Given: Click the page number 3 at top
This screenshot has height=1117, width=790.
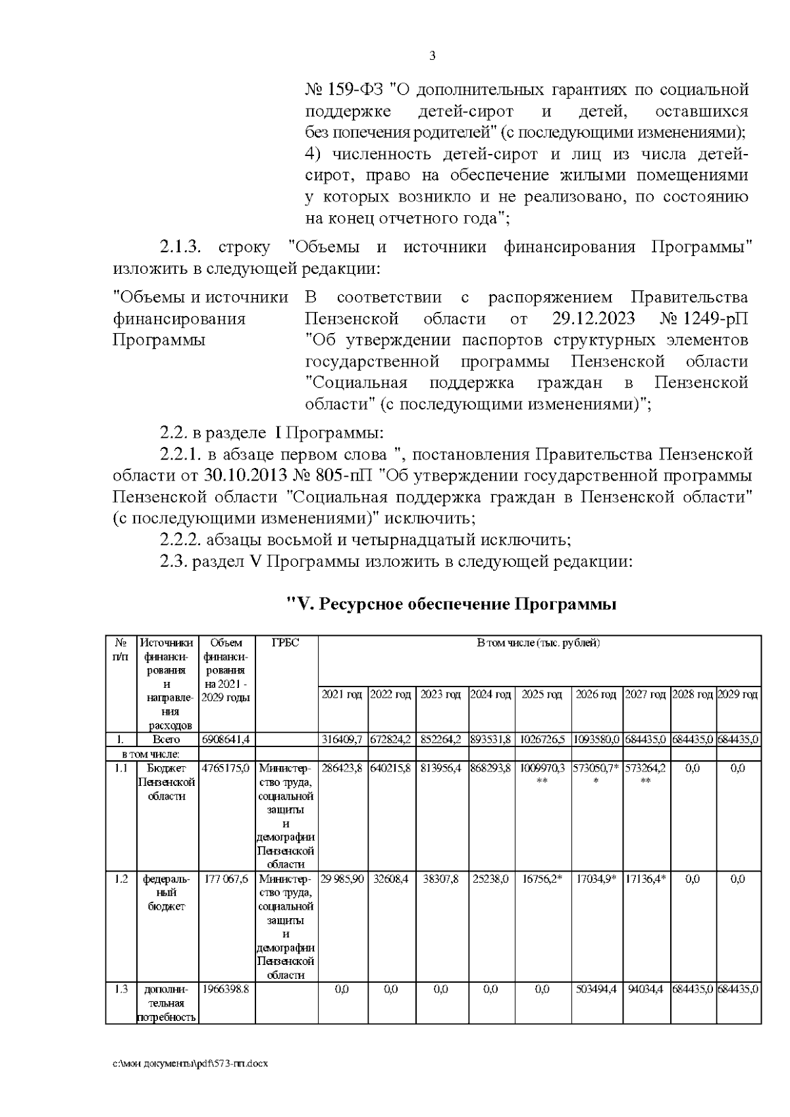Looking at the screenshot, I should pyautogui.click(x=432, y=56).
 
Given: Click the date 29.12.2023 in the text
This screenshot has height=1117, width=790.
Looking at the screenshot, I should pyautogui.click(x=593, y=319).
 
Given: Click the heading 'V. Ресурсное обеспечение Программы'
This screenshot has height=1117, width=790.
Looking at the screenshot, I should pyautogui.click(x=452, y=604).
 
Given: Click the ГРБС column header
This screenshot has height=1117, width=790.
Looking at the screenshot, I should pyautogui.click(x=286, y=642).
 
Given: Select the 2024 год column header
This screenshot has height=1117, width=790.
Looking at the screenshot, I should pyautogui.click(x=491, y=694).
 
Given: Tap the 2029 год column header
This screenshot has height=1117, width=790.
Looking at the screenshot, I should pyautogui.click(x=738, y=694).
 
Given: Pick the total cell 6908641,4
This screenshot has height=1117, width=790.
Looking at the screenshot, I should pyautogui.click(x=225, y=739).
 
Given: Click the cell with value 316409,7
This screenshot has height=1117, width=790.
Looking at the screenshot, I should pyautogui.click(x=342, y=739).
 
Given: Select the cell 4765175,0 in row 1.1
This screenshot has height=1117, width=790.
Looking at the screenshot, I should pyautogui.click(x=225, y=768).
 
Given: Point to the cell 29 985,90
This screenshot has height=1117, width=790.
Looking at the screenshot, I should pyautogui.click(x=342, y=879).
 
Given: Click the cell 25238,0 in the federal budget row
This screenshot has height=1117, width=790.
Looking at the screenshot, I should pyautogui.click(x=491, y=879).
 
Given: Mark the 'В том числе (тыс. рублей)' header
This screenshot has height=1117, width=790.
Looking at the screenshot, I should pyautogui.click(x=539, y=642).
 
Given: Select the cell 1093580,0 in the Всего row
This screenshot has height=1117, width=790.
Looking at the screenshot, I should pyautogui.click(x=596, y=739).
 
